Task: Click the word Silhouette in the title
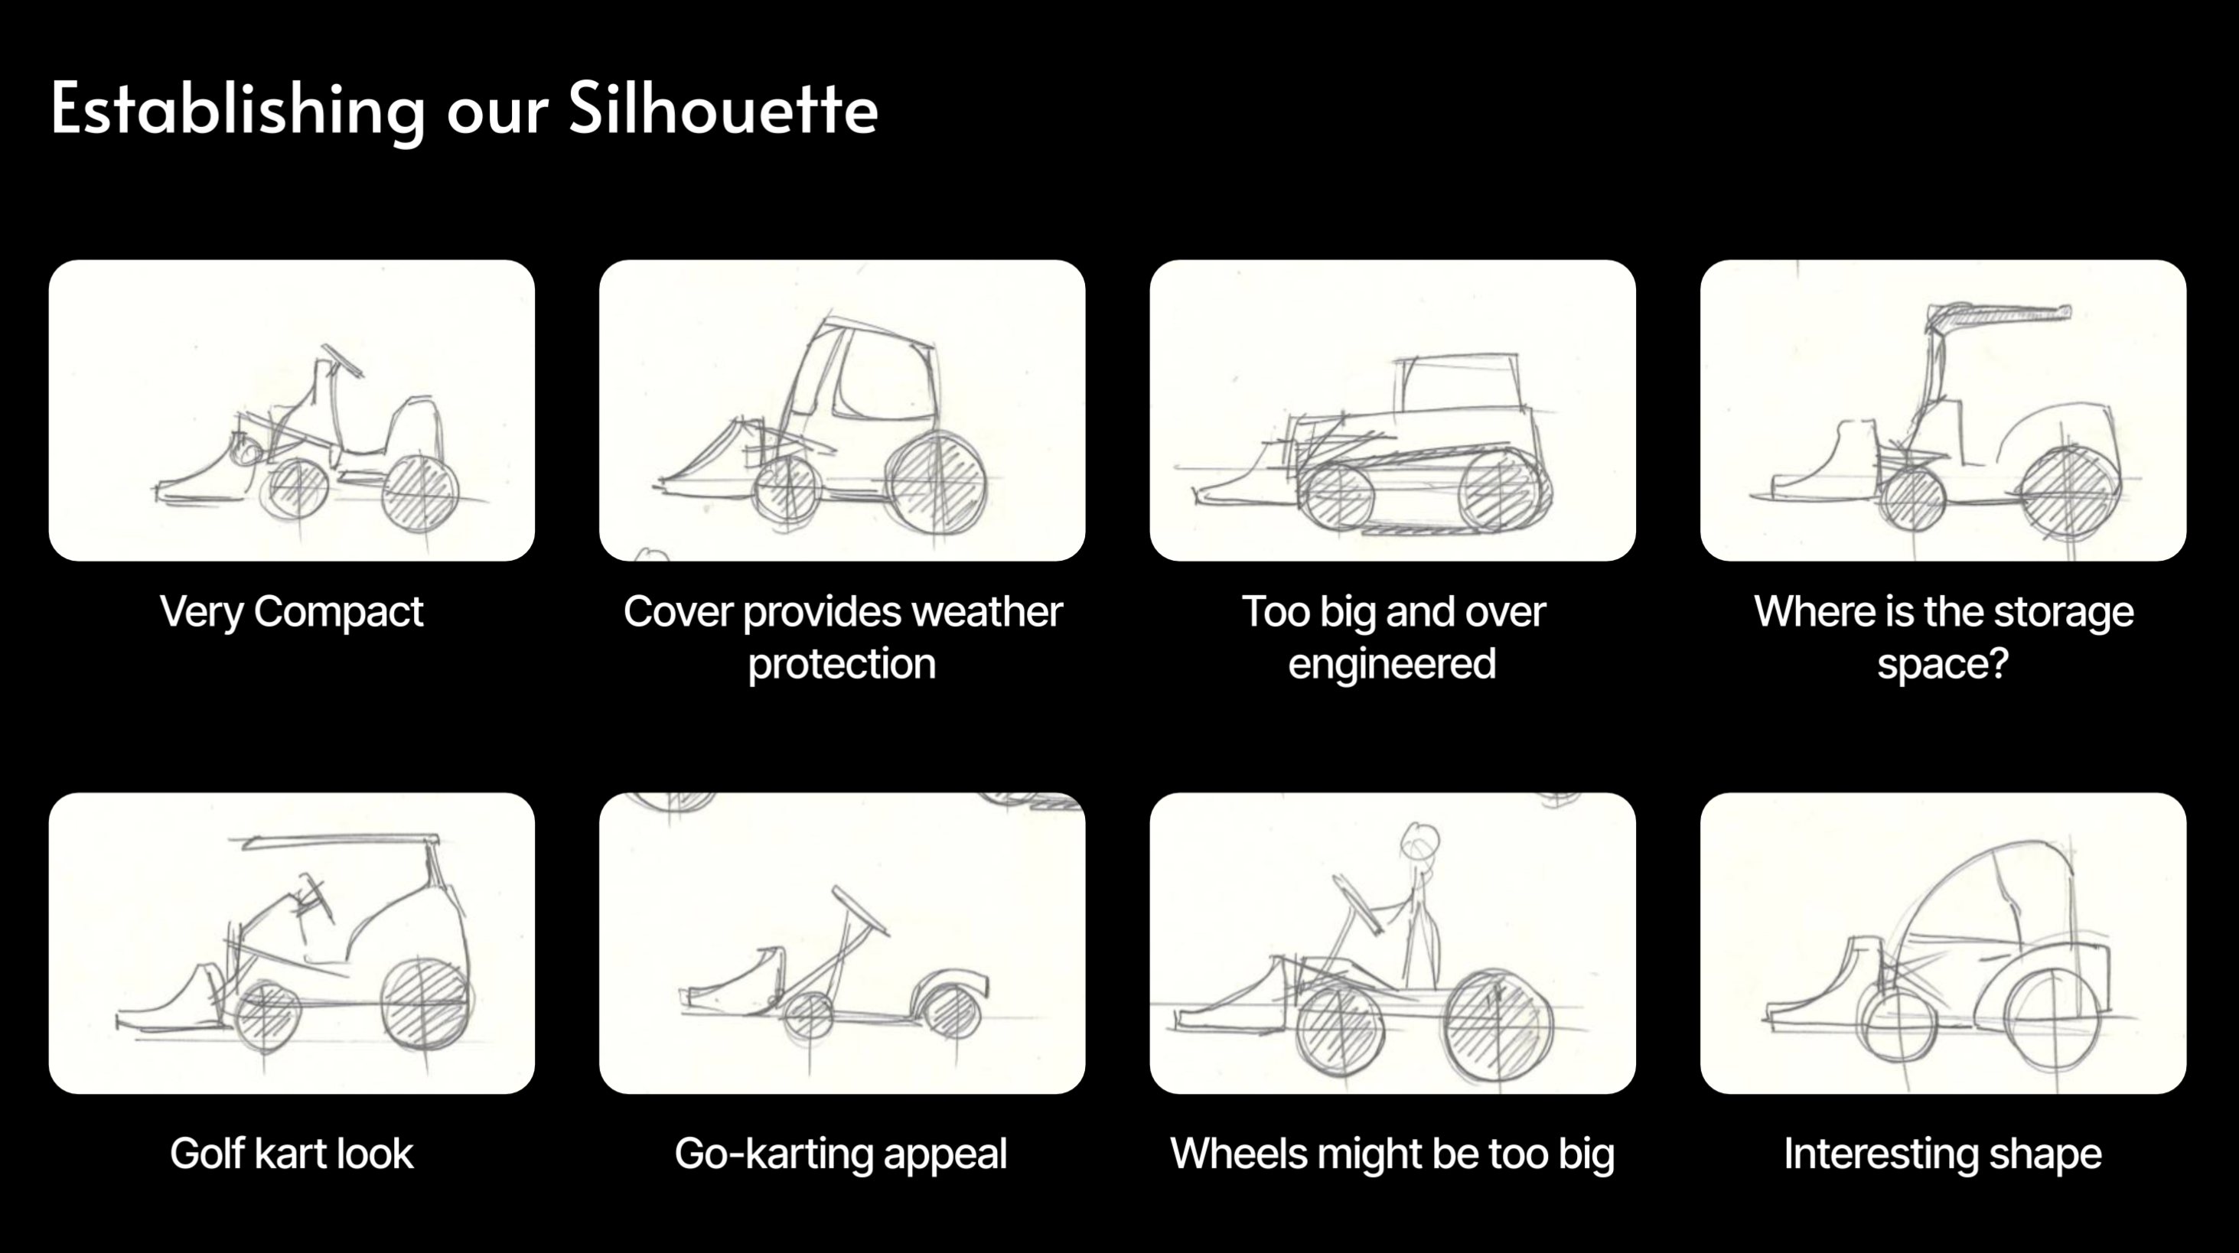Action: click(x=723, y=109)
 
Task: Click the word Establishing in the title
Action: click(x=237, y=109)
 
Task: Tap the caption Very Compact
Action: click(x=292, y=612)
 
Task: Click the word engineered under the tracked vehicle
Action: click(x=1392, y=664)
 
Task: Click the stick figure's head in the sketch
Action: click(x=1419, y=841)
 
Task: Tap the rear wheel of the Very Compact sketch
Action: click(x=421, y=492)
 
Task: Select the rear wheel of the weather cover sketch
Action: click(x=936, y=481)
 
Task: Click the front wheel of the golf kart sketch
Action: click(x=268, y=1014)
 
